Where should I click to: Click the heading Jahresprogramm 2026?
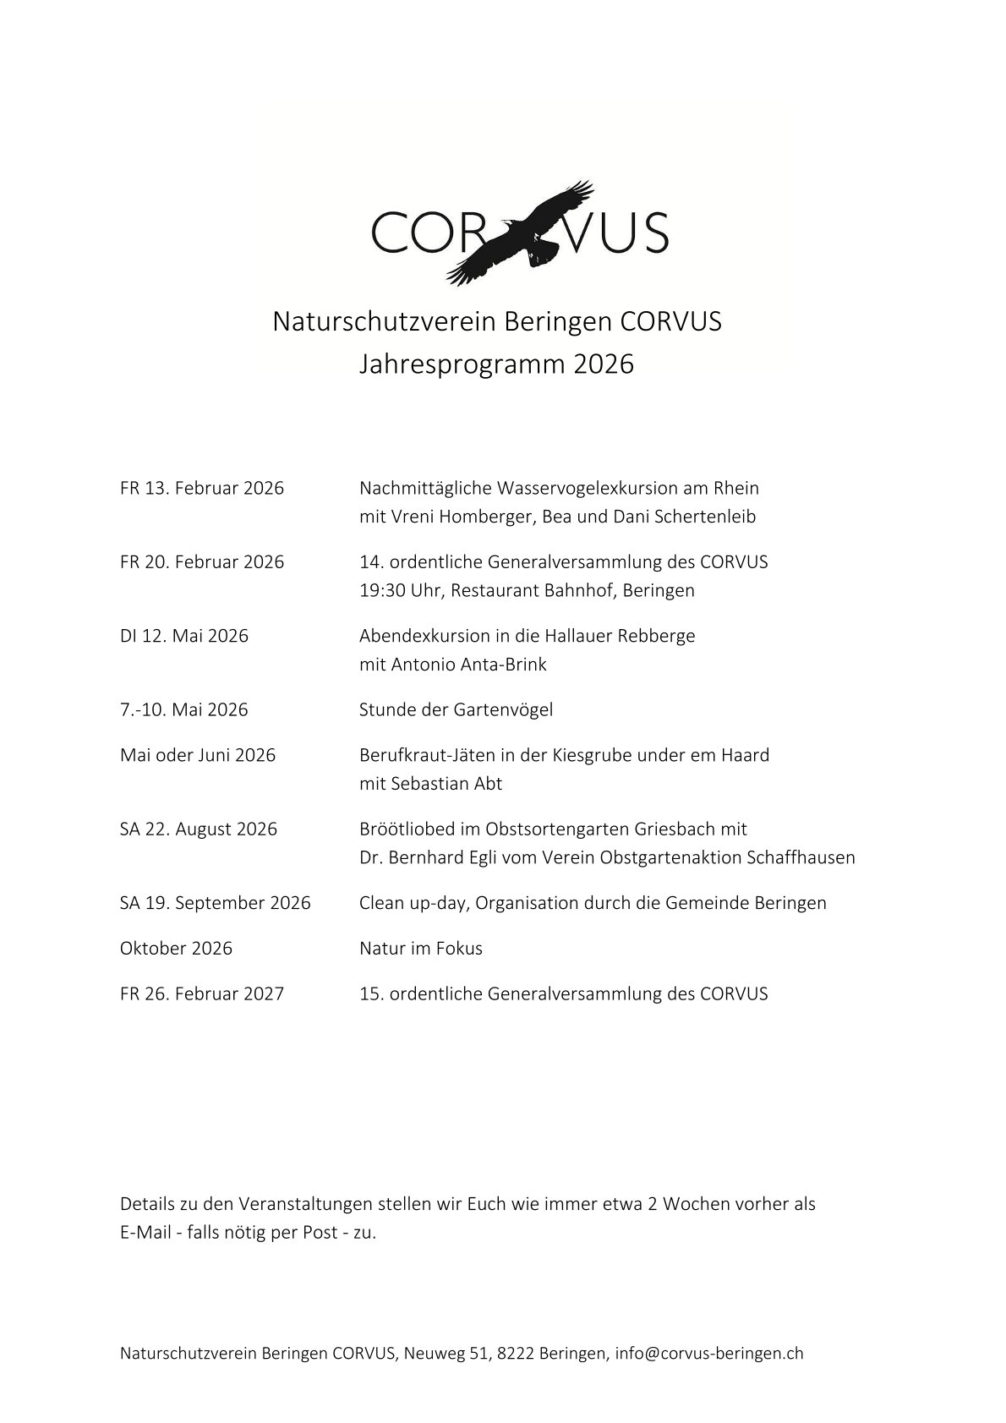496,364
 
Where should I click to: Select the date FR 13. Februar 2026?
202,489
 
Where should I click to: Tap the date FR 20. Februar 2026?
202,562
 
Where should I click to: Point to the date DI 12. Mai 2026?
184,636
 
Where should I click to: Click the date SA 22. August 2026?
199,829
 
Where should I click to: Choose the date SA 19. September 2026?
216,903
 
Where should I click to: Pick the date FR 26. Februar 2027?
202,994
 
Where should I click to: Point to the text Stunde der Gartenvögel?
456,710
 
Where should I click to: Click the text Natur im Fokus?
421,949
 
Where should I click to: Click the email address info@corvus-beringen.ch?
709,1354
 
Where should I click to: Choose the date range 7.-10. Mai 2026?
184,710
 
